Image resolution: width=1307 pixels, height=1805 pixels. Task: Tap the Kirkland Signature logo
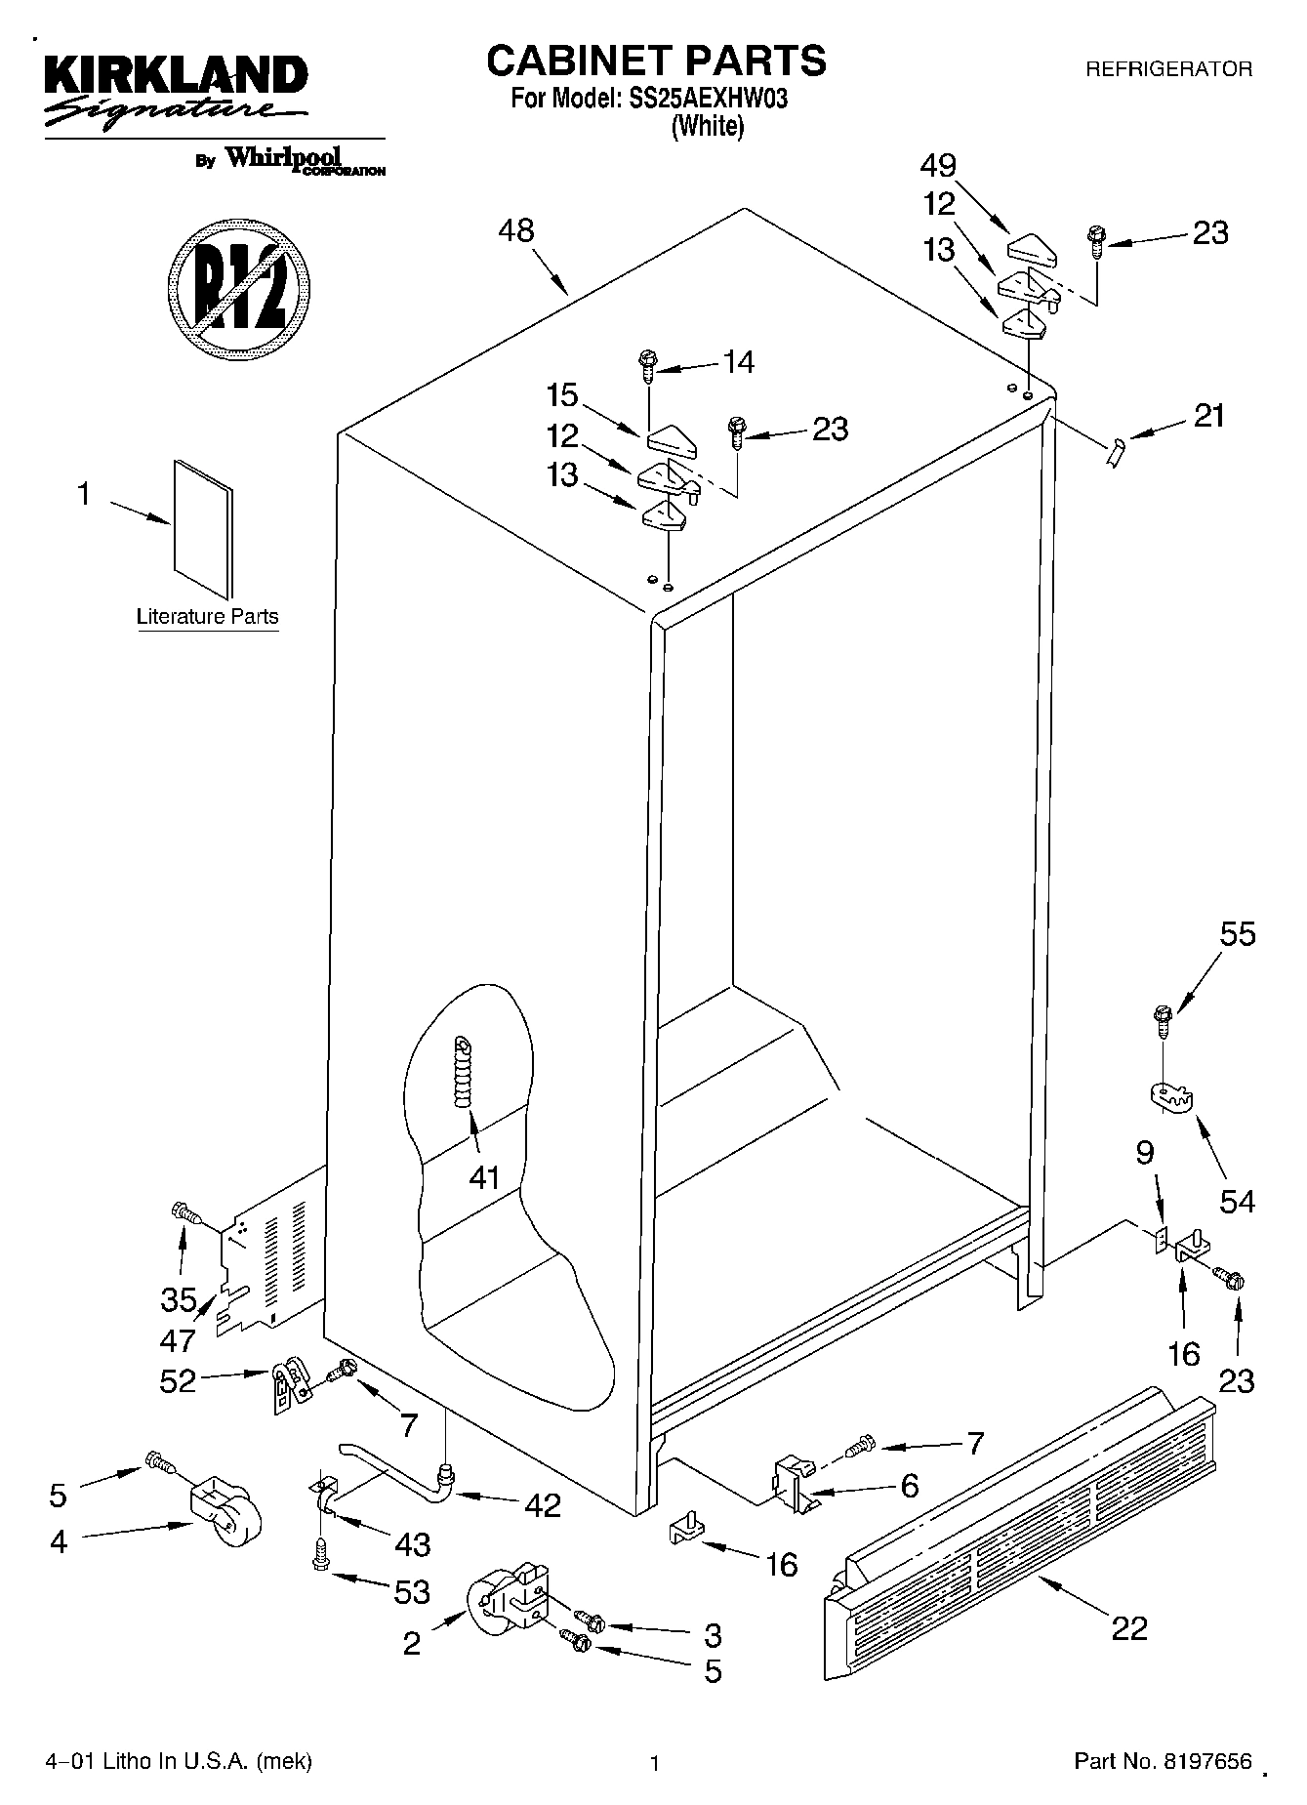176,89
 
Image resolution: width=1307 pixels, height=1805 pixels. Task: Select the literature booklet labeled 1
204,527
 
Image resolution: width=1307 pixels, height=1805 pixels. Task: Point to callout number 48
516,230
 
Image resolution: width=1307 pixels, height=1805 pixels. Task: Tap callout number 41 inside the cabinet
484,1177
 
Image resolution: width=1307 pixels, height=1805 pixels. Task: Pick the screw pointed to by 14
646,364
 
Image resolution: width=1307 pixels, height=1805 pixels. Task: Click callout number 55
1238,934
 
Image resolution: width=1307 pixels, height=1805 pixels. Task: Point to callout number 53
412,1591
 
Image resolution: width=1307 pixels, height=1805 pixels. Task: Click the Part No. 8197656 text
1163,1761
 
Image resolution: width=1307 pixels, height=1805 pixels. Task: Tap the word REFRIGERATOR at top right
1168,69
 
